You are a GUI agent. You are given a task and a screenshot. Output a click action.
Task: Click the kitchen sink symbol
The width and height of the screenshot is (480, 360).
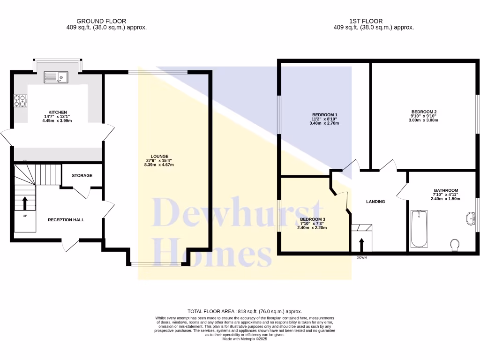point(56,77)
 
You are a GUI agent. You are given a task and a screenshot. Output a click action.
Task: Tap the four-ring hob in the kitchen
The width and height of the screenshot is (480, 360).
point(21,101)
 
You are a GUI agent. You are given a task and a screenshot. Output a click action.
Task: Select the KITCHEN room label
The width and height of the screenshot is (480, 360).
point(58,112)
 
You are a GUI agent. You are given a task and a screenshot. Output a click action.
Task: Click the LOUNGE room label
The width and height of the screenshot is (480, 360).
point(159,157)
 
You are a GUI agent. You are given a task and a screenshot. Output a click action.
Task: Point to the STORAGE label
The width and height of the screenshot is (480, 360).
point(82,175)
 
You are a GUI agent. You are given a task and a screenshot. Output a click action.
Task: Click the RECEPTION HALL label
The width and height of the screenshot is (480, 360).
point(66,220)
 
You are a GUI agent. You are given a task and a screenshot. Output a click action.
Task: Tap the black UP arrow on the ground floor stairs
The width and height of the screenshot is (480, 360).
point(25,203)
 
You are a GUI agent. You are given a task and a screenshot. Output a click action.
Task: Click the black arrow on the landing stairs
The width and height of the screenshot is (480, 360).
point(361,245)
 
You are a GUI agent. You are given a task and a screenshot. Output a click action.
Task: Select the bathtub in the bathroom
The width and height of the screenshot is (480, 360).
point(419,229)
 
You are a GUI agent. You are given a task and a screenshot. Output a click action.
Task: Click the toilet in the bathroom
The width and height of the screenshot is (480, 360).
point(455,245)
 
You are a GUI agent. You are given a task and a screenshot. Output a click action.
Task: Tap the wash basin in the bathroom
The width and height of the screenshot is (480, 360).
point(471,218)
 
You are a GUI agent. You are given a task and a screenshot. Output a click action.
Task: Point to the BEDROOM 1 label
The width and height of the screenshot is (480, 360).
point(324,115)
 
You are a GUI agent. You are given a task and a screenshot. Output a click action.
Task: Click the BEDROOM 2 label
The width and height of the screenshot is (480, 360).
point(424,112)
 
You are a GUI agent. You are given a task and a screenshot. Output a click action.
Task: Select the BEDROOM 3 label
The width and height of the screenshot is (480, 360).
point(312,219)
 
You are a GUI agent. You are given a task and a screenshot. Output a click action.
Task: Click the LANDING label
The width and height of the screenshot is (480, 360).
point(375,202)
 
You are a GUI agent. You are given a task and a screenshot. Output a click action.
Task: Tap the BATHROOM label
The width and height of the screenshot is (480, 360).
point(446,190)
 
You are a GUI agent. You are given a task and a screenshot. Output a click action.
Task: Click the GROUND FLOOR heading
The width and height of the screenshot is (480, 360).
point(101,21)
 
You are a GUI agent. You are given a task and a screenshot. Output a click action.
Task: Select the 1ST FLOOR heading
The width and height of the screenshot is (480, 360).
point(366,21)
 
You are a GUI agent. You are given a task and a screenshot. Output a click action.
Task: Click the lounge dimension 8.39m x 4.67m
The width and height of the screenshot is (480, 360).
point(159,165)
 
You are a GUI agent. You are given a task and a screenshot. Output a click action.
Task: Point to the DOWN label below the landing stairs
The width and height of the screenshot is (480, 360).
point(361,257)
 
